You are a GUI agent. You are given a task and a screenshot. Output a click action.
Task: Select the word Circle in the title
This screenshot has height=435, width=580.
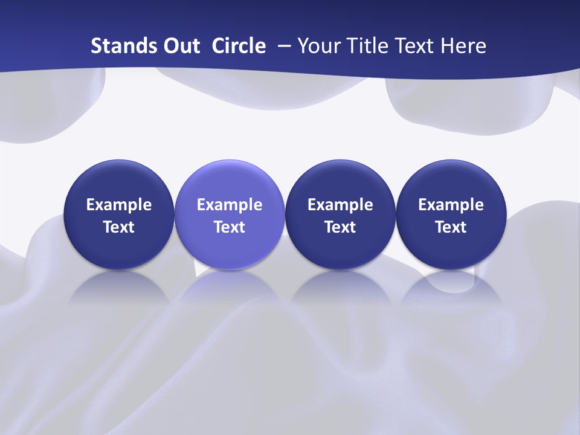pyautogui.click(x=239, y=46)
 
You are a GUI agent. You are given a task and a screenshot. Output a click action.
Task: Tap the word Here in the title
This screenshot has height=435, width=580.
pyautogui.click(x=462, y=46)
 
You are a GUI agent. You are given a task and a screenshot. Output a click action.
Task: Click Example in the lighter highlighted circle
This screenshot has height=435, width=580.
pyautogui.click(x=230, y=205)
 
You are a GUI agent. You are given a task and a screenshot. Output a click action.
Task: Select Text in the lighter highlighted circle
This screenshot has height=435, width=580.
pyautogui.click(x=230, y=227)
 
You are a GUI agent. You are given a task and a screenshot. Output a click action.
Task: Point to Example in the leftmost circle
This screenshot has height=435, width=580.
pyautogui.click(x=119, y=205)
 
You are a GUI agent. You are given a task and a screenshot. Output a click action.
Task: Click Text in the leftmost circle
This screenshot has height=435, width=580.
pyautogui.click(x=119, y=227)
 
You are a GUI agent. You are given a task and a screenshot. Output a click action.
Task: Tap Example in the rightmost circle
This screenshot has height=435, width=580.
pyautogui.click(x=451, y=205)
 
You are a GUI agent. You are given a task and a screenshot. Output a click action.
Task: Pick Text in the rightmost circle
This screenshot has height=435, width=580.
pyautogui.click(x=451, y=227)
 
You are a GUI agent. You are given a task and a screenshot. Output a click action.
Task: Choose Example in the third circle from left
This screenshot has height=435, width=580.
pyautogui.click(x=340, y=205)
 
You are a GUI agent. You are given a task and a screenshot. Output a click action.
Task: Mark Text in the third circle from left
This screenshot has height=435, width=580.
pyautogui.click(x=340, y=227)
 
